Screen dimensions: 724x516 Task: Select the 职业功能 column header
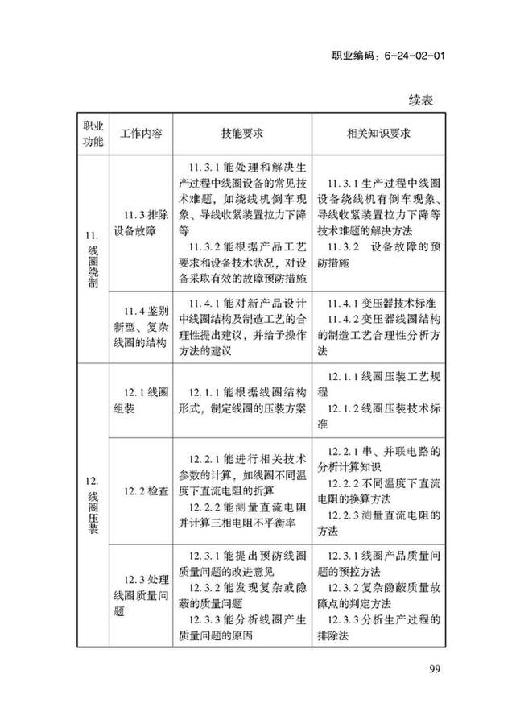coord(93,134)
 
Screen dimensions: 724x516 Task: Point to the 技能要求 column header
coord(241,134)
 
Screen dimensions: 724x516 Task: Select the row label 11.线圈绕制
coord(93,257)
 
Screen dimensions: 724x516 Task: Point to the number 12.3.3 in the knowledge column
coord(347,619)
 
